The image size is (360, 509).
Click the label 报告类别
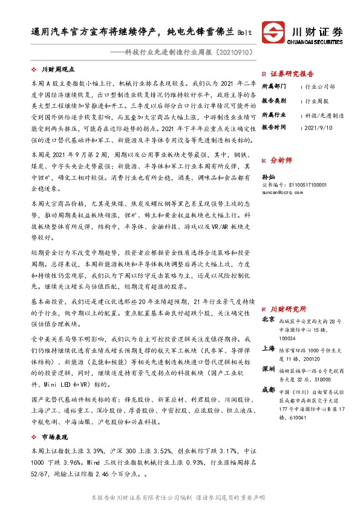[x=273, y=100]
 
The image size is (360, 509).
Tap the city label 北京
[x=269, y=319]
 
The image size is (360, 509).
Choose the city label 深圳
[x=269, y=368]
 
